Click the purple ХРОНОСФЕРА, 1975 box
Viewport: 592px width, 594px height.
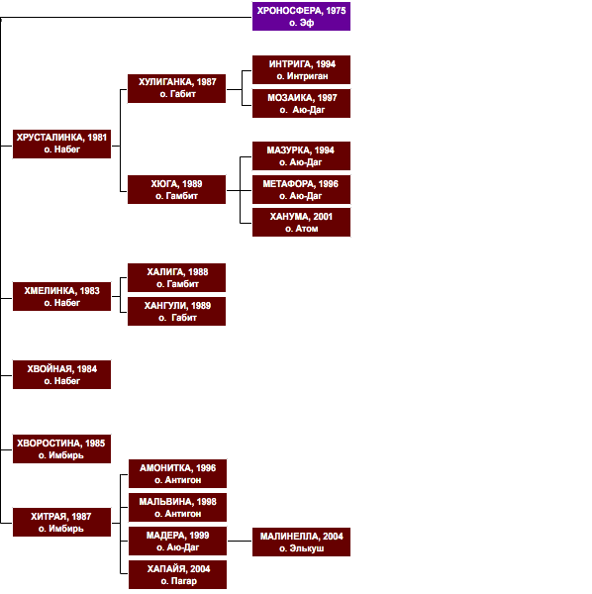[301, 16]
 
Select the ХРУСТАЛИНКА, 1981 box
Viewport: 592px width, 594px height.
[61, 144]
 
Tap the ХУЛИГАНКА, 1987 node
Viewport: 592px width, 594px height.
[176, 89]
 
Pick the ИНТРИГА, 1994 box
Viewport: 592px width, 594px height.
[301, 69]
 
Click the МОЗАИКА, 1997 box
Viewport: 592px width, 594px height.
[301, 103]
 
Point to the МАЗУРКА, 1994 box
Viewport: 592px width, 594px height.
[301, 156]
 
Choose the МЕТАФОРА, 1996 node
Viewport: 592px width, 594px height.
[301, 189]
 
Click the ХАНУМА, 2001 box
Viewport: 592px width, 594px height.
[301, 223]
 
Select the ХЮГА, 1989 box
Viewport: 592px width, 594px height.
[176, 189]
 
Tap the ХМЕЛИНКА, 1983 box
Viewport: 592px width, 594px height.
[61, 296]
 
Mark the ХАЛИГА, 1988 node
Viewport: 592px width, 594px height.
[176, 277]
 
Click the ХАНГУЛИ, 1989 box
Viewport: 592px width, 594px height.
[176, 312]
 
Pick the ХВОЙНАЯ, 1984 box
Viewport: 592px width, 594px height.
[61, 374]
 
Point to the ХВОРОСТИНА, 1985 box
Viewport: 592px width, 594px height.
[61, 448]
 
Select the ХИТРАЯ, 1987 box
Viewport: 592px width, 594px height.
[61, 522]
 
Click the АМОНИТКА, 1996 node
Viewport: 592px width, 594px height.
[177, 473]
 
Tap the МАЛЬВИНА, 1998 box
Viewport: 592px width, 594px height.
[177, 507]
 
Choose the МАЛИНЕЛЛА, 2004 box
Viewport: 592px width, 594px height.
[301, 542]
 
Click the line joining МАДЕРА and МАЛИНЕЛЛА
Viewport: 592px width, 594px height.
[240, 541]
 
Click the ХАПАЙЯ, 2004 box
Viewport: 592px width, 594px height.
[177, 574]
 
